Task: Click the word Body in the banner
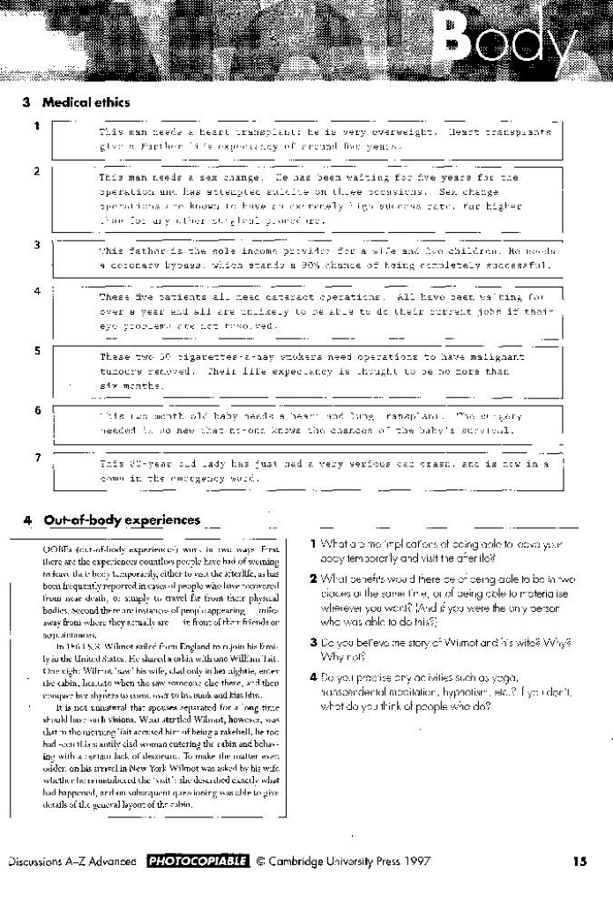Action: (x=512, y=41)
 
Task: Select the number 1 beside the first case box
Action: (x=36, y=125)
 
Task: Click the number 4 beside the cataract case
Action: (x=36, y=290)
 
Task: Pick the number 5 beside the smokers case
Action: (x=36, y=350)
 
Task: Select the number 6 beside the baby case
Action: (x=36, y=410)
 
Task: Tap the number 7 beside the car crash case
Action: (x=36, y=457)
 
